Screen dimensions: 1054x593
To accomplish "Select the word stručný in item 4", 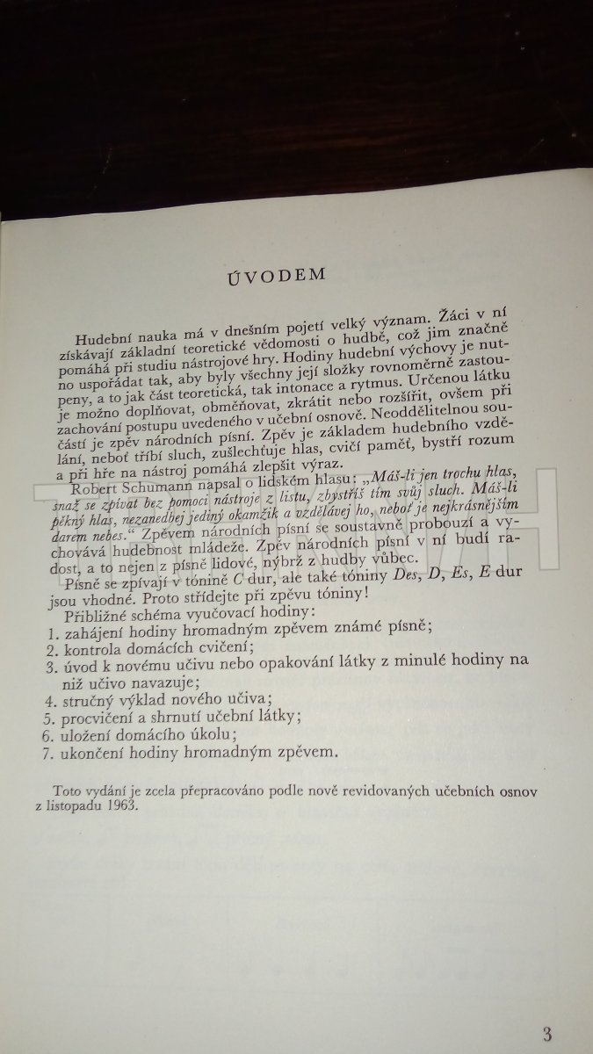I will click(90, 700).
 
